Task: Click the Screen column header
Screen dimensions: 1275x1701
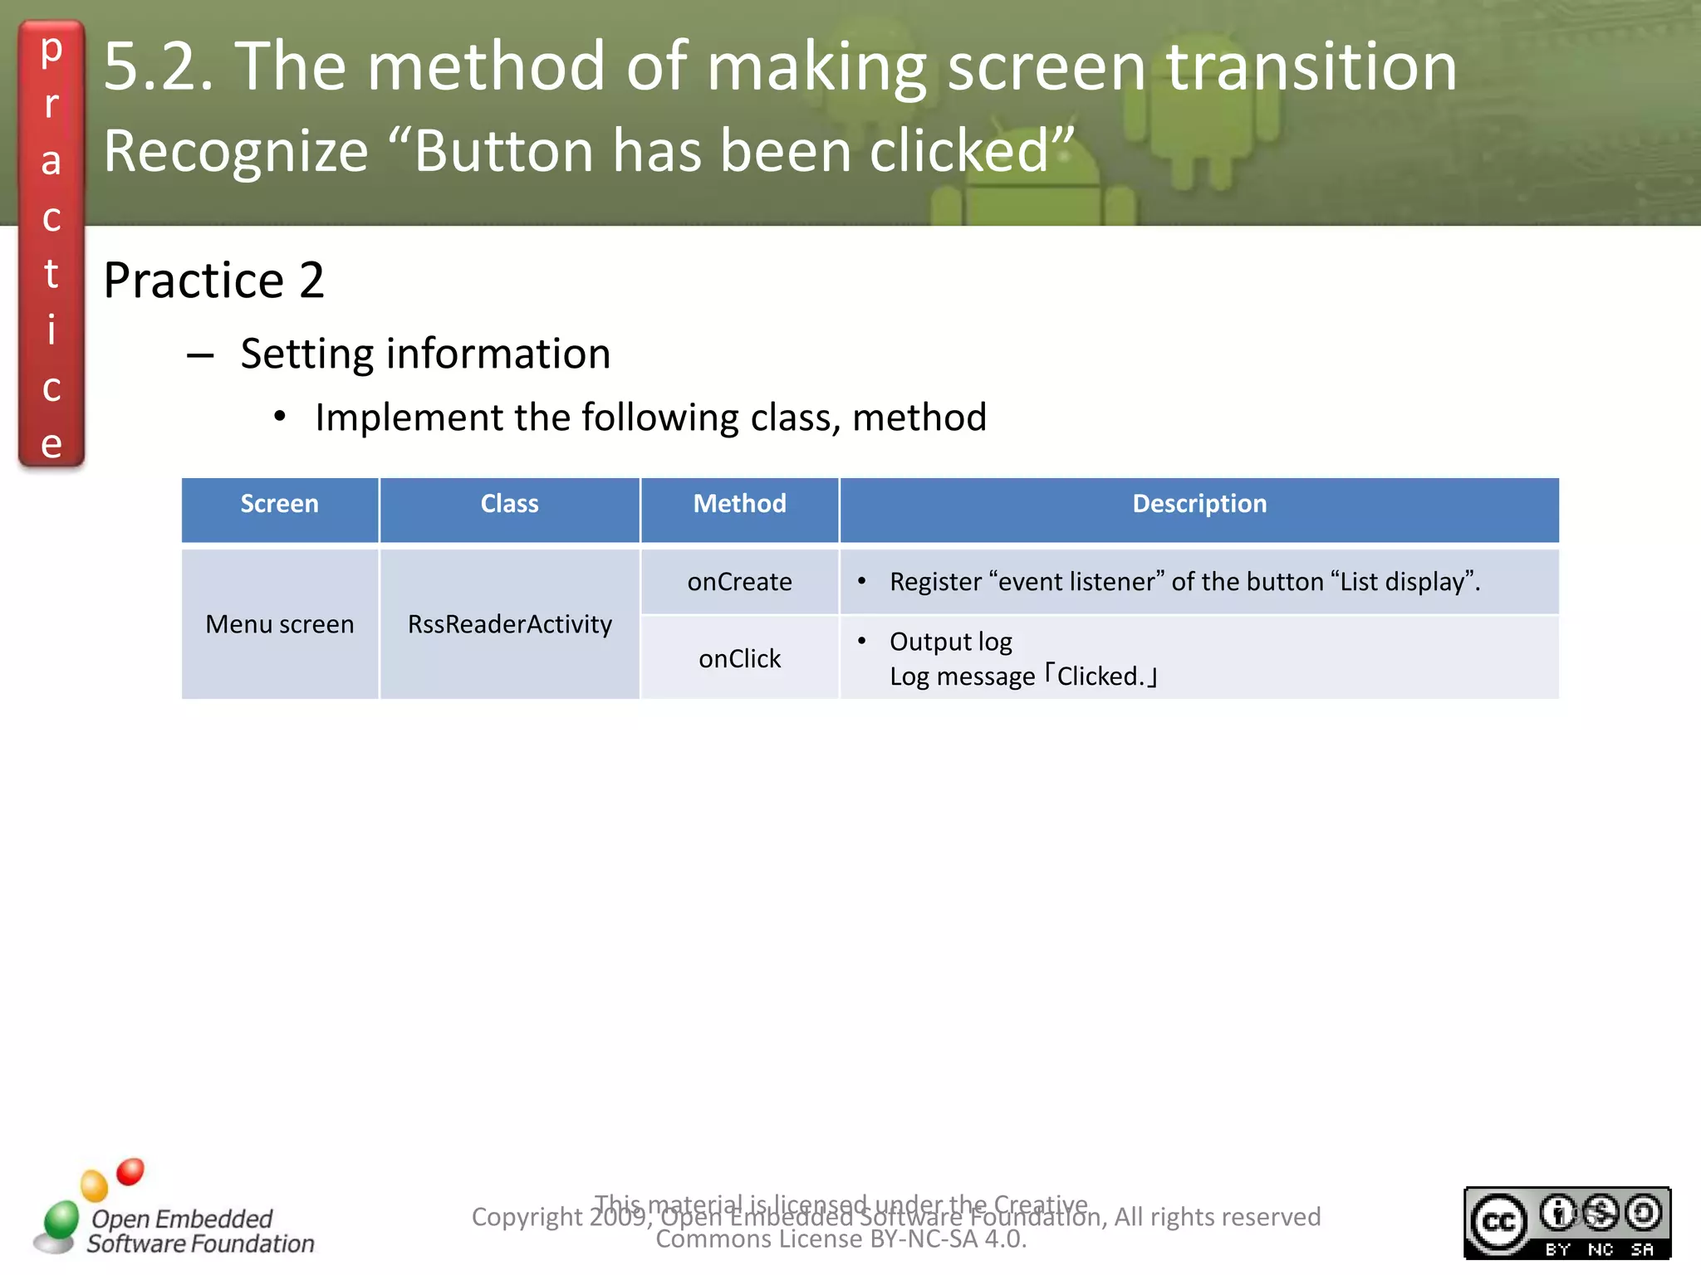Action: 279,504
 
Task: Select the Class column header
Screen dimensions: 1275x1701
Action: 509,504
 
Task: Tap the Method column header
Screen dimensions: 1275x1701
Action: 739,504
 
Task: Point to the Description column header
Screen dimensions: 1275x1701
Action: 1199,504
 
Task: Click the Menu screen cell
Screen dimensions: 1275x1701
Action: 279,624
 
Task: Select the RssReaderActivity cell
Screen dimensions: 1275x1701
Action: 509,624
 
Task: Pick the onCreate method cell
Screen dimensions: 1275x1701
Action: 739,582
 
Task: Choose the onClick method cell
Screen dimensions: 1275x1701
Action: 739,659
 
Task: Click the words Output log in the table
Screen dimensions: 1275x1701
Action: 950,642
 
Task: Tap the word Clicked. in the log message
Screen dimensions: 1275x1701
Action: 1101,677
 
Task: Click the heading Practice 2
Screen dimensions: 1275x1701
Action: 213,280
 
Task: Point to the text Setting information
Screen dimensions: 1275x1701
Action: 425,354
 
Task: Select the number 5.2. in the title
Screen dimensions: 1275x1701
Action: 158,66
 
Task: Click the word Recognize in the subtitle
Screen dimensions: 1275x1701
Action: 236,151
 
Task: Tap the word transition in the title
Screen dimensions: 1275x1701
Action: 1311,66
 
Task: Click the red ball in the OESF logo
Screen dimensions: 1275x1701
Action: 130,1172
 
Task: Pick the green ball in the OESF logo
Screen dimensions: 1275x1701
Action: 61,1219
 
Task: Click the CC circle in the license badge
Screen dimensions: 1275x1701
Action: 1499,1222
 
